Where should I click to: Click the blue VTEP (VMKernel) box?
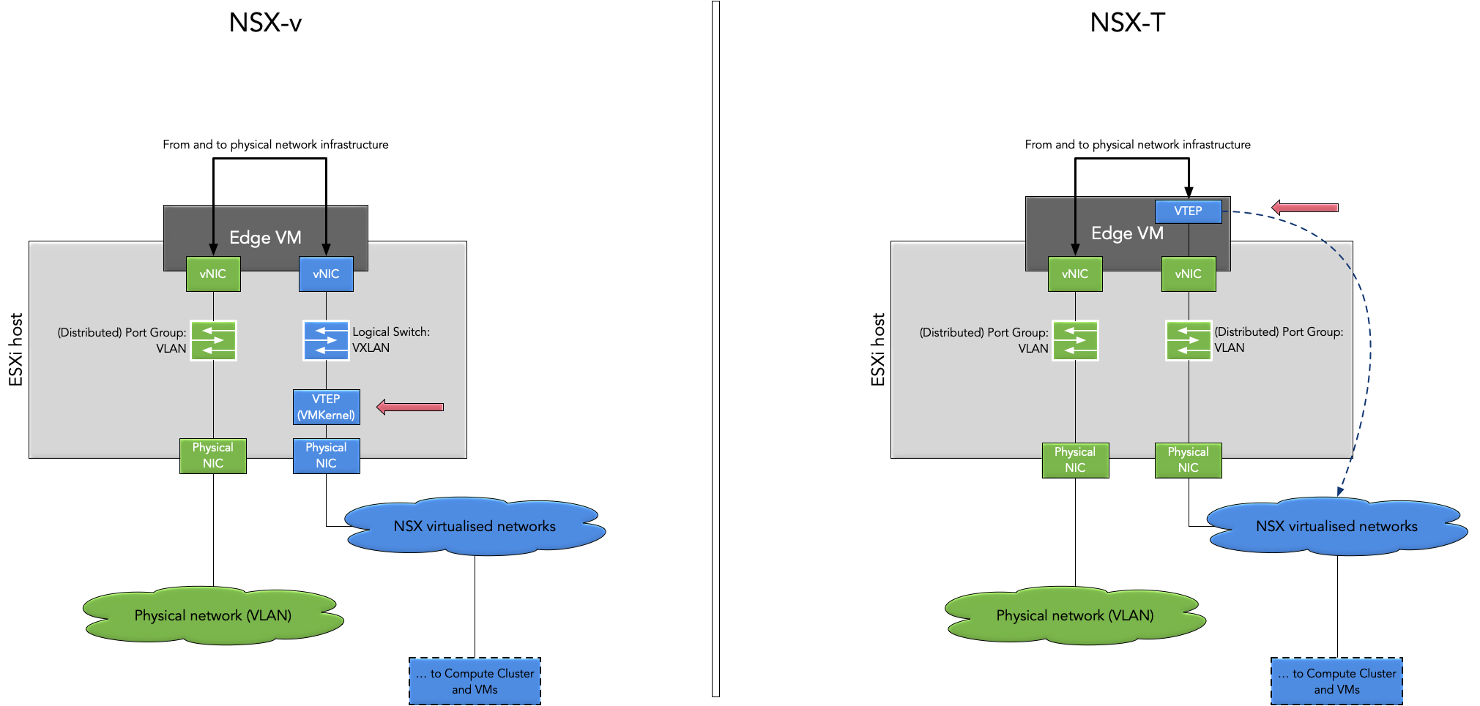pyautogui.click(x=326, y=407)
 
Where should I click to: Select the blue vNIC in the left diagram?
pyautogui.click(x=326, y=274)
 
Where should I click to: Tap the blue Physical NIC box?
pyautogui.click(x=326, y=455)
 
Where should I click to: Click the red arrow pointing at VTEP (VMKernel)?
pyautogui.click(x=410, y=407)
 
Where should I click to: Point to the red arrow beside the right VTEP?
pyautogui.click(x=1305, y=208)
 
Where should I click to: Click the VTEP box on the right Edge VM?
pyautogui.click(x=1188, y=211)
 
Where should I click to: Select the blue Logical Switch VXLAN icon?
pyautogui.click(x=326, y=340)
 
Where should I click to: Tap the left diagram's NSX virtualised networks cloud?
pyautogui.click(x=475, y=526)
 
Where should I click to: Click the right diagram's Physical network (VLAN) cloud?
pyautogui.click(x=1074, y=615)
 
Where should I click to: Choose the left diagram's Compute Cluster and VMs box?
pyautogui.click(x=475, y=681)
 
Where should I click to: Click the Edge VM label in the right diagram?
pyautogui.click(x=1127, y=233)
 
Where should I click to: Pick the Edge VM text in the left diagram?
pyautogui.click(x=265, y=238)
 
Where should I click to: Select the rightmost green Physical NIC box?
pyautogui.click(x=1188, y=459)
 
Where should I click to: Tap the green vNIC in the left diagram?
pyautogui.click(x=213, y=274)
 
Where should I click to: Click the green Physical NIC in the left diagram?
pyautogui.click(x=213, y=455)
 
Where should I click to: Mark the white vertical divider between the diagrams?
pyautogui.click(x=715, y=351)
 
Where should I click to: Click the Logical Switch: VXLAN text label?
pyautogui.click(x=391, y=339)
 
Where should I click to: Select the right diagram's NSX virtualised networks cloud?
pyautogui.click(x=1336, y=526)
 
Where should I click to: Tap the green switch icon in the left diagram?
pyautogui.click(x=213, y=340)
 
